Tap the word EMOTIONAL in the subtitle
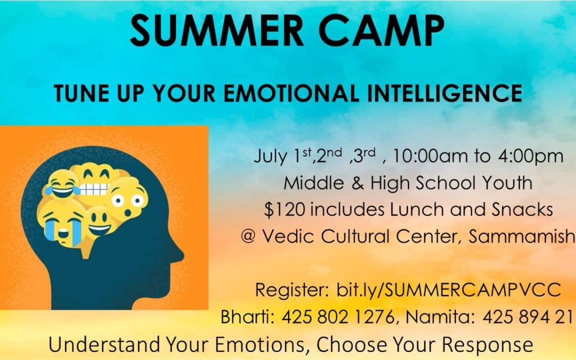tap(291, 93)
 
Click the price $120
tap(285, 210)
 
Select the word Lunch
tap(417, 210)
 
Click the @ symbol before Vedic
tap(249, 236)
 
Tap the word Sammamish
tap(522, 236)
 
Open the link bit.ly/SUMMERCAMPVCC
tap(449, 290)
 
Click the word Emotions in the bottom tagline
tap(260, 345)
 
